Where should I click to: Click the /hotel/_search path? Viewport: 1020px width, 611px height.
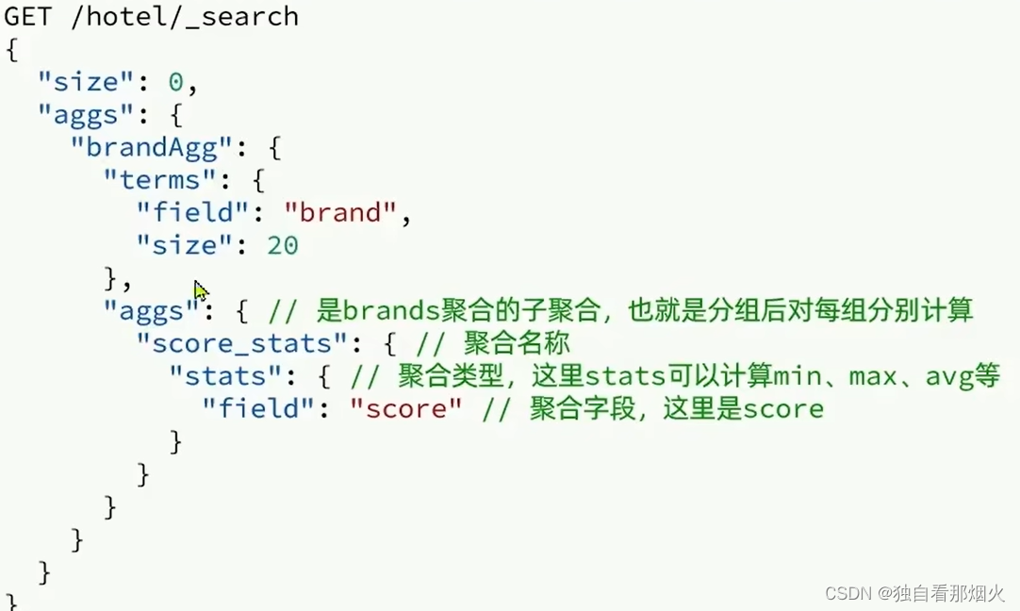pyautogui.click(x=185, y=16)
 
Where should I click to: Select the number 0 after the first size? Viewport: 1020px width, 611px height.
pyautogui.click(x=176, y=82)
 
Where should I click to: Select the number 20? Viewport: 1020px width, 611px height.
pyautogui.click(x=282, y=246)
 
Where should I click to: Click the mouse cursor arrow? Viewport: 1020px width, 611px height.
pyautogui.click(x=201, y=290)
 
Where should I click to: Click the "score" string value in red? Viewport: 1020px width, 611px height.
pyautogui.click(x=405, y=409)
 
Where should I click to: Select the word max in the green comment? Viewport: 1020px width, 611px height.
pyautogui.click(x=873, y=376)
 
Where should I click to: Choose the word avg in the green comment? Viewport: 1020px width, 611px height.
pyautogui.click(x=948, y=376)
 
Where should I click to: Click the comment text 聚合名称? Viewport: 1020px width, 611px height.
pyautogui.click(x=517, y=343)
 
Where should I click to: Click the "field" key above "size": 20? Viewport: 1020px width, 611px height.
pyautogui.click(x=192, y=213)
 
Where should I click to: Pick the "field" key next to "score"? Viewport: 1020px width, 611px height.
pyautogui.click(x=258, y=409)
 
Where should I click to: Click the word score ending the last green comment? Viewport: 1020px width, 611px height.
pyautogui.click(x=782, y=409)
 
